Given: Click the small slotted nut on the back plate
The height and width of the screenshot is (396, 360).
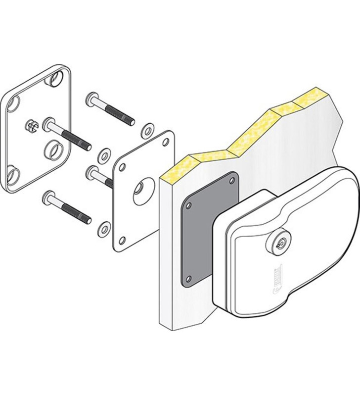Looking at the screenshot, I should point(30,127).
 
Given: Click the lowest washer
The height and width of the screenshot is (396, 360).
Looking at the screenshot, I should point(104,228).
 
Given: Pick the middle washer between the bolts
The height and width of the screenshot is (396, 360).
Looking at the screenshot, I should point(104,155).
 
